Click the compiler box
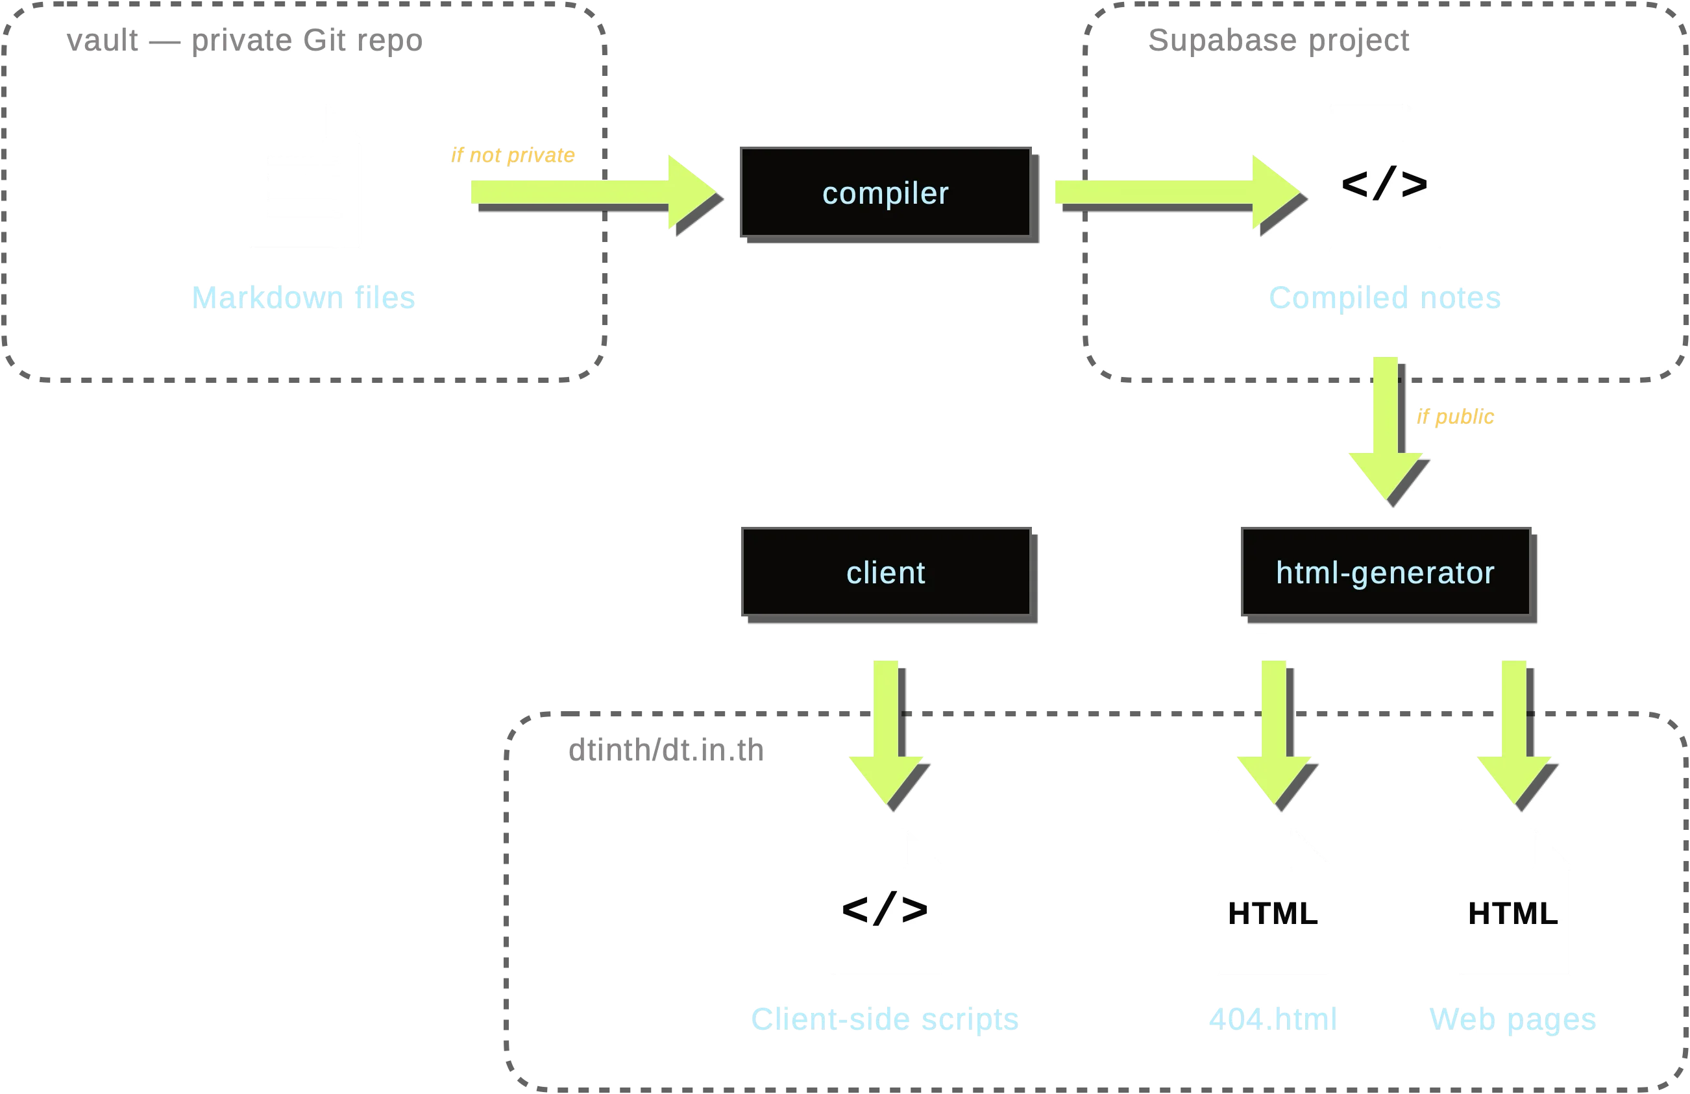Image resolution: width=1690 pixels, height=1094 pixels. pos(885,192)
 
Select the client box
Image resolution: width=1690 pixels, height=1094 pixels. pos(885,572)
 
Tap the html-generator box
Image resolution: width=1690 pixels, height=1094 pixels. pos(1386,572)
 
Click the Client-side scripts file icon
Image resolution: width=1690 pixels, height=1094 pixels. pos(887,903)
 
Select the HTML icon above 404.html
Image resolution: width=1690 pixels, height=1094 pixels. pos(1273,903)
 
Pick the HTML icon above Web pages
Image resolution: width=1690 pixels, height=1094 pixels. pos(1515,903)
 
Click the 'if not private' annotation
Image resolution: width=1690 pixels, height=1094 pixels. pos(513,156)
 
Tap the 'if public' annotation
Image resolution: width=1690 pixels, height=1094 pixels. pos(1455,417)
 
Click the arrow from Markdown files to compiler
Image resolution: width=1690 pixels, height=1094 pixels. pos(589,191)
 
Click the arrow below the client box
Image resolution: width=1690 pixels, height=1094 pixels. pos(885,731)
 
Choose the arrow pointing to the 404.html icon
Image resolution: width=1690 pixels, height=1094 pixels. pos(1274,731)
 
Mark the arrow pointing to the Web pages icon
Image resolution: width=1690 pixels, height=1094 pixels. pos(1513,731)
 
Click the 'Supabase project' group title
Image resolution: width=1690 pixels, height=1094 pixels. pos(1278,40)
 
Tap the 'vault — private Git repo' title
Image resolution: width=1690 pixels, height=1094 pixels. pos(245,40)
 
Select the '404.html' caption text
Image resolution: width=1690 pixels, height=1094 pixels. pos(1273,1020)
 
